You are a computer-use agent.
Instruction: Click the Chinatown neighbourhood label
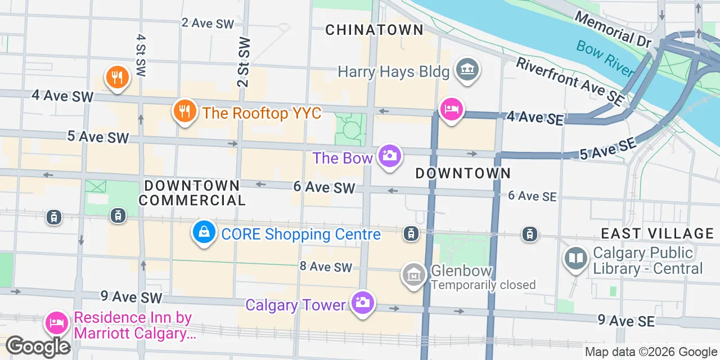374,30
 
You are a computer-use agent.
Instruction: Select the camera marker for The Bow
390,155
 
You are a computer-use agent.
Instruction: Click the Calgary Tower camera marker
362,302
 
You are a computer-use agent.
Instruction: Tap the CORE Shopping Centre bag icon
204,231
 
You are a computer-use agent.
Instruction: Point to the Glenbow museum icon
414,275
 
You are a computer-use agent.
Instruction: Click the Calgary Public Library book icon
577,258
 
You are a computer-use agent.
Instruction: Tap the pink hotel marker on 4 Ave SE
452,109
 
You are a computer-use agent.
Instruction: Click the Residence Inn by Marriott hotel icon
57,323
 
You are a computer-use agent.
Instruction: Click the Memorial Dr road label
612,29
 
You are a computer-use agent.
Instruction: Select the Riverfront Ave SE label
570,81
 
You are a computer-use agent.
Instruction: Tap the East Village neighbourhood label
657,233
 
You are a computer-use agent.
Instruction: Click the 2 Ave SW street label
208,23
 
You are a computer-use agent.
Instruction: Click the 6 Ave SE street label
532,196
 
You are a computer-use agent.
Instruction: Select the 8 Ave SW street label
326,266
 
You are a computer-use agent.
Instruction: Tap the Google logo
38,346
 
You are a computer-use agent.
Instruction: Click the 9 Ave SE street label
626,320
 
